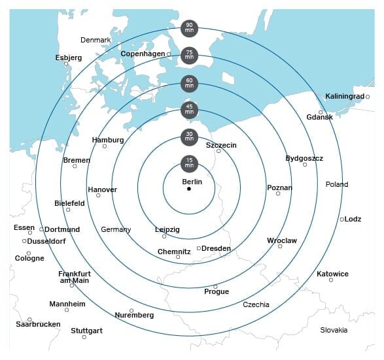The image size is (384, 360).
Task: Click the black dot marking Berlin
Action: point(189,189)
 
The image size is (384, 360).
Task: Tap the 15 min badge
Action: point(189,163)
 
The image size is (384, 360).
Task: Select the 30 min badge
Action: point(189,137)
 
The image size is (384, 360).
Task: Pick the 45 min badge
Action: point(189,110)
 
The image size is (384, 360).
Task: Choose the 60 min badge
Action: point(189,83)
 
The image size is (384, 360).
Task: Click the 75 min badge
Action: point(189,56)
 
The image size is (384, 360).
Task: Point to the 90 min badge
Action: point(189,28)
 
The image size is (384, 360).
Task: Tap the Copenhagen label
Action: point(143,54)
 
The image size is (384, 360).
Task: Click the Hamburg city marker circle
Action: point(105,146)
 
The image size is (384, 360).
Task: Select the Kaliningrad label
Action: point(344,97)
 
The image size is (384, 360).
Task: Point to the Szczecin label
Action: point(221,145)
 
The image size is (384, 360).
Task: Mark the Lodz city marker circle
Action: point(342,220)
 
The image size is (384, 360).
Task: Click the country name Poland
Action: point(337,184)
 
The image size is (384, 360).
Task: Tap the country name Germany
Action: point(116,229)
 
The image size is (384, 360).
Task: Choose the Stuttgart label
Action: point(87,331)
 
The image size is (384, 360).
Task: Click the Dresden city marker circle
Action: point(198,248)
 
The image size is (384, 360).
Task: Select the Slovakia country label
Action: point(334,330)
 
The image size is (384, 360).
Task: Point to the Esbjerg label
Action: point(69,57)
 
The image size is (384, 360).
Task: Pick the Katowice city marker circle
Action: point(331,280)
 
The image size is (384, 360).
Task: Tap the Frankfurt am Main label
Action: point(74,277)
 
